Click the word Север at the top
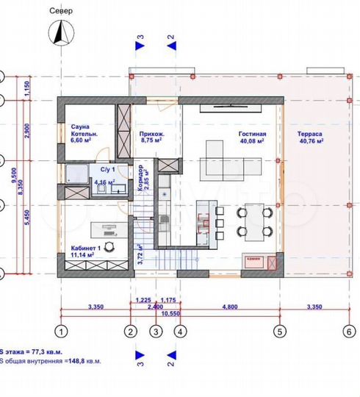click(61, 12)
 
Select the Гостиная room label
click(251, 135)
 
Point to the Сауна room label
click(80, 126)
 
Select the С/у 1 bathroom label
click(99, 169)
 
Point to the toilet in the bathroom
click(99, 190)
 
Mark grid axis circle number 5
click(278, 331)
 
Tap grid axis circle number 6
click(348, 331)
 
